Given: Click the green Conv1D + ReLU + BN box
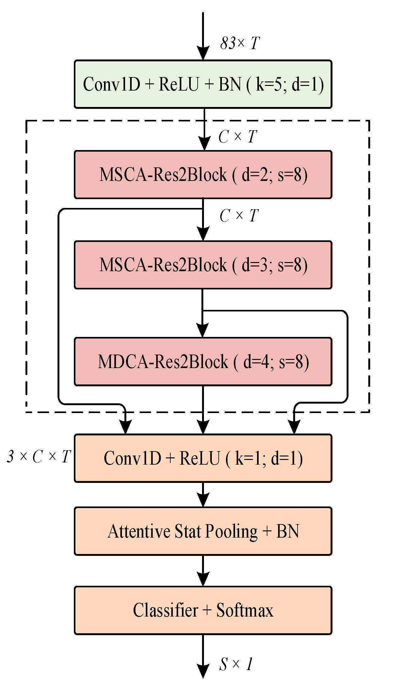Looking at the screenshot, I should [x=203, y=84].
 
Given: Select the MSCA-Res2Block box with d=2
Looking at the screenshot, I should [x=203, y=175].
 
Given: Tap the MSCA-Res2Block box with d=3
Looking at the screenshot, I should [x=203, y=265].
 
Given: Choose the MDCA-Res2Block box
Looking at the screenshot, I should [x=203, y=361].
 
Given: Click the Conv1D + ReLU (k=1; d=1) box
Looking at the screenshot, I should [x=203, y=458].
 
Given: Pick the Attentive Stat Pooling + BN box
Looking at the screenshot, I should [x=203, y=531].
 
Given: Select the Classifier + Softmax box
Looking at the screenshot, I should [x=203, y=610].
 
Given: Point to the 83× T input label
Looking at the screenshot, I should [x=240, y=43].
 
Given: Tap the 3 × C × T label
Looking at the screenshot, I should [x=39, y=456].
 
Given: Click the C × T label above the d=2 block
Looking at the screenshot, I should [x=238, y=137].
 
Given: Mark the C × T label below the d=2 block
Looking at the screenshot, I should [x=239, y=216].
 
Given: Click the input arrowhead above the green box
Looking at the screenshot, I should [x=203, y=52].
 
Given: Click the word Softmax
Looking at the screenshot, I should [x=245, y=610].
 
